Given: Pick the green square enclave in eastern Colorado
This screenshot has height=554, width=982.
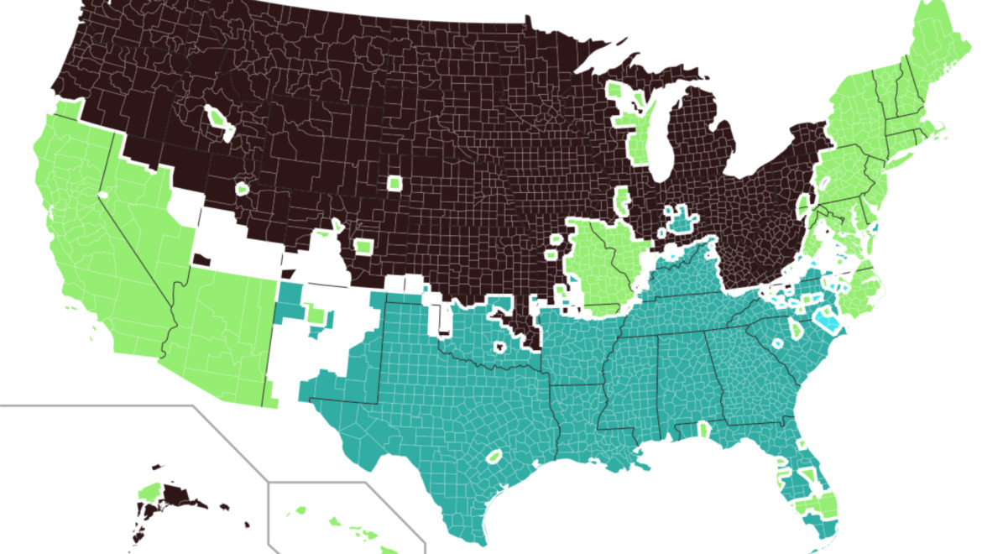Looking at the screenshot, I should [363, 247].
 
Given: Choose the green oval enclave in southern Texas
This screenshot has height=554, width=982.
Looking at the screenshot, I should [494, 457].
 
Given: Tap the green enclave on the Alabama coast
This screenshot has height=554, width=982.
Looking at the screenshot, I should [702, 431].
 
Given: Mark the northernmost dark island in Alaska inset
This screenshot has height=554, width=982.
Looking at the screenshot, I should [156, 467].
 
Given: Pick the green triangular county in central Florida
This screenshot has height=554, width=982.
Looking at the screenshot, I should [807, 475].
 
